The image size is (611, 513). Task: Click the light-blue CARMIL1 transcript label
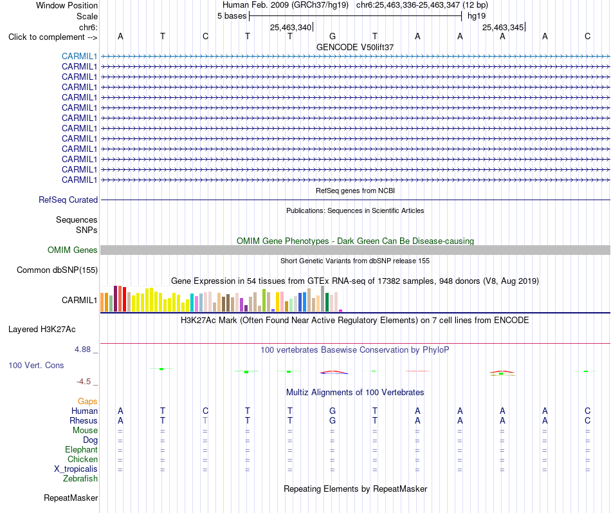[79, 56]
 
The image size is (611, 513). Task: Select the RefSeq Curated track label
[68, 200]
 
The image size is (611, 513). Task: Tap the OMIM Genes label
[72, 250]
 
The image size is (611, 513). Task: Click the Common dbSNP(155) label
[57, 270]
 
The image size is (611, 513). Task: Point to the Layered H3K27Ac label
[42, 330]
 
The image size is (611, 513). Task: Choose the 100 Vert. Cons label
[36, 365]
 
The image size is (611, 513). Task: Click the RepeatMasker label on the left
[71, 498]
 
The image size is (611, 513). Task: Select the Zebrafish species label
[80, 478]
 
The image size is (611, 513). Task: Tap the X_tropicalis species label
[76, 469]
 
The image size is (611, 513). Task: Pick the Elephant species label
[81, 449]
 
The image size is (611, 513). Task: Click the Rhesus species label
[84, 420]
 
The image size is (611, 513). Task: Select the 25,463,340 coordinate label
[291, 27]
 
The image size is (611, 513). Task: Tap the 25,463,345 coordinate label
[503, 27]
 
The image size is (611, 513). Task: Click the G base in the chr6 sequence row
[333, 36]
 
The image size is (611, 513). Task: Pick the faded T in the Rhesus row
[205, 420]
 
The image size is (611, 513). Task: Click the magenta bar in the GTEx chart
[341, 310]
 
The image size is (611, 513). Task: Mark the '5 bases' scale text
[232, 16]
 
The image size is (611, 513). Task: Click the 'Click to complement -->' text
[53, 37]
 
